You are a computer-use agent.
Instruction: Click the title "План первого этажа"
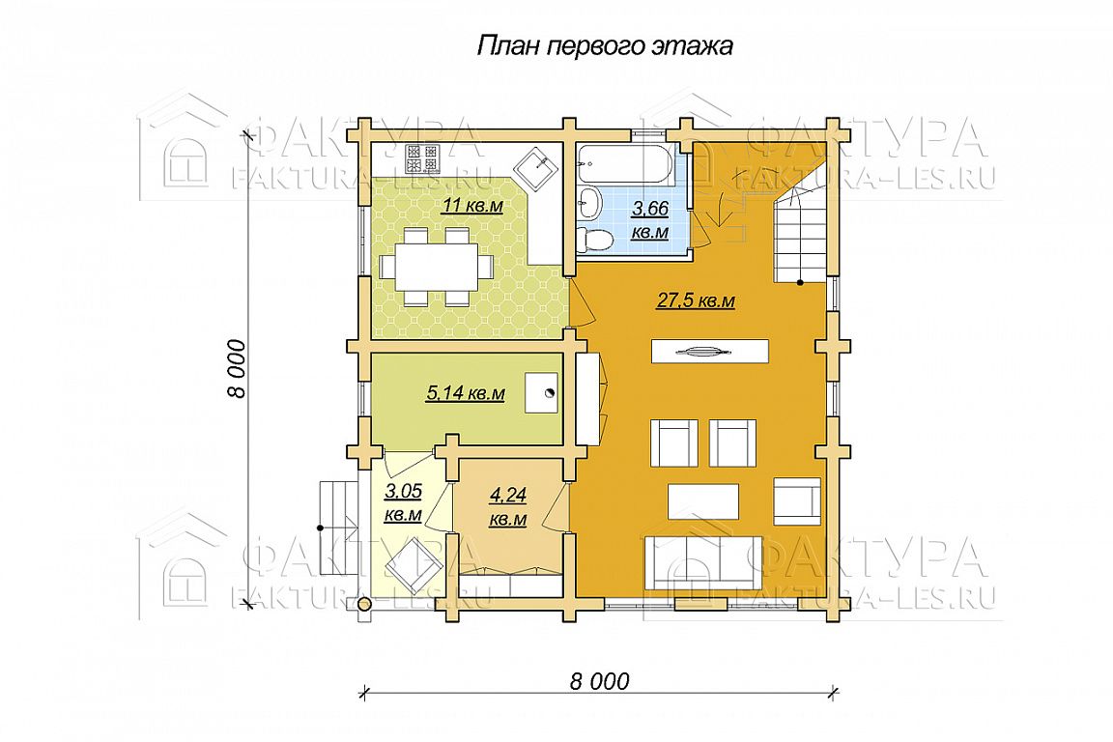(x=605, y=46)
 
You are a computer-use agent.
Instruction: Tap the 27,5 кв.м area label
(x=696, y=301)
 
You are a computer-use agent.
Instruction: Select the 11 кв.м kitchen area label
(x=472, y=206)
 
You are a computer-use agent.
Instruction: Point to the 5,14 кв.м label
(x=465, y=392)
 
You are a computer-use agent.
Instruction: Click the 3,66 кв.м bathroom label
(x=650, y=219)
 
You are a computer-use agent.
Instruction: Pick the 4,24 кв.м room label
(x=508, y=506)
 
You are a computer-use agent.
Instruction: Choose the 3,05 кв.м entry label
(x=403, y=502)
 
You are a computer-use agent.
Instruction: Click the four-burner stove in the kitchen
(x=422, y=158)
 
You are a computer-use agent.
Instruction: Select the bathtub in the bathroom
(x=623, y=164)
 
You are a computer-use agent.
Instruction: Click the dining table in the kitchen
(x=437, y=267)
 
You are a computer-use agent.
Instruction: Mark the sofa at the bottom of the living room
(x=702, y=562)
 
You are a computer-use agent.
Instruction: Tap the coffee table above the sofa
(x=703, y=502)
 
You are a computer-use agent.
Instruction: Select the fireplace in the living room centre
(x=710, y=352)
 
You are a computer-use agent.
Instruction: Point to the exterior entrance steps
(x=338, y=528)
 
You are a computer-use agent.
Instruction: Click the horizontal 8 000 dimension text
(x=599, y=682)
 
